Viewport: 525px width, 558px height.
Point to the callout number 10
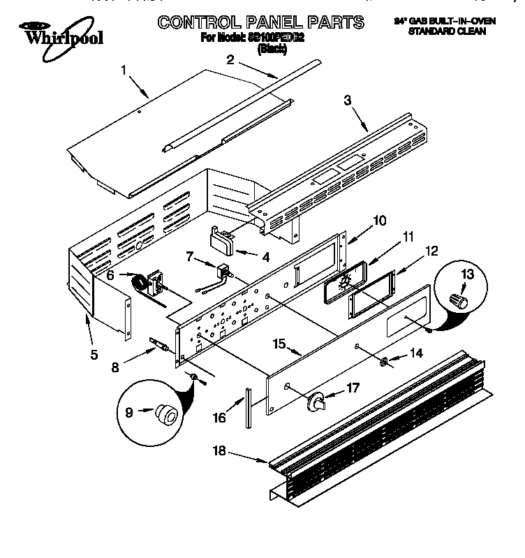click(379, 221)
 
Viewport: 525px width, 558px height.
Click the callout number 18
click(220, 450)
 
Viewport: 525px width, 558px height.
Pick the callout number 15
click(279, 344)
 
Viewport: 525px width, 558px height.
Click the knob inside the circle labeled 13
click(459, 301)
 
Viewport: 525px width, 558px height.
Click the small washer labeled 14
click(384, 362)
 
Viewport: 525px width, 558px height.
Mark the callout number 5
click(94, 354)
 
